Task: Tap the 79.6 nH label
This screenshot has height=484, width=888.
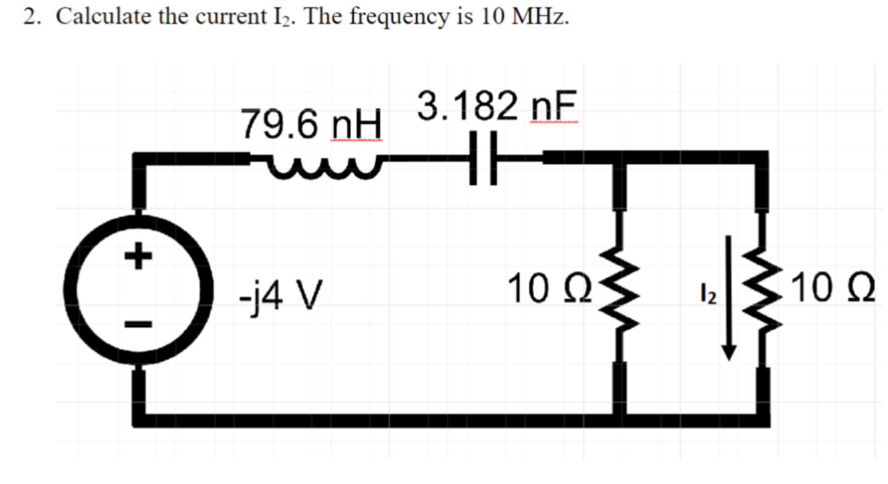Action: [311, 125]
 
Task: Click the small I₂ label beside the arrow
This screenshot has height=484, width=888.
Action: [710, 296]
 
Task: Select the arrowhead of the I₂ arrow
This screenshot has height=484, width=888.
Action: [730, 351]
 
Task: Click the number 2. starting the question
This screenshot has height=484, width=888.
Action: [33, 17]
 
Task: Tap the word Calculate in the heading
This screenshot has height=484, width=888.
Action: [101, 17]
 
